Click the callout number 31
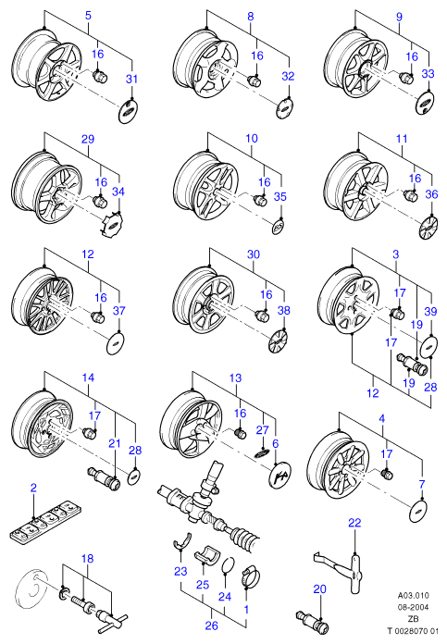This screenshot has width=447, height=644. [x=131, y=79]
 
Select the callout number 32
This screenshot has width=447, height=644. [x=289, y=76]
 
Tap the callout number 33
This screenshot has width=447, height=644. [x=428, y=73]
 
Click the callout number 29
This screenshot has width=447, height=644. [x=88, y=139]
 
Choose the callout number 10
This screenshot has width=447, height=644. [x=252, y=138]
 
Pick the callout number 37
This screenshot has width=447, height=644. [x=118, y=311]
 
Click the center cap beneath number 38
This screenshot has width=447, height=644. [x=279, y=341]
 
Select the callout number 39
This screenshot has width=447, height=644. [x=430, y=311]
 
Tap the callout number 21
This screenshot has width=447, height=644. [x=115, y=443]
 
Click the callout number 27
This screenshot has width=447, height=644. [x=262, y=429]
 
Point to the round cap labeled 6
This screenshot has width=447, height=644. [x=279, y=475]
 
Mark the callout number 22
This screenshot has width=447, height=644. [x=354, y=523]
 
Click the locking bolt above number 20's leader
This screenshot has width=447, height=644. [x=313, y=622]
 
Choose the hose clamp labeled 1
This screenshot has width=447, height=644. [x=251, y=576]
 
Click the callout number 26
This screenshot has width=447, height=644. [x=211, y=625]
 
